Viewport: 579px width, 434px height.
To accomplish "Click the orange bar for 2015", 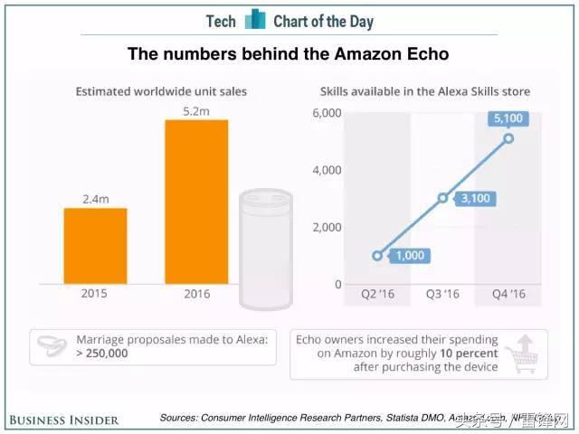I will (x=95, y=246).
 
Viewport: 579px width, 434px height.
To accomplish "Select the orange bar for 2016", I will (x=196, y=201).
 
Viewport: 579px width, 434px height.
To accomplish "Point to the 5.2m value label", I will (x=196, y=109).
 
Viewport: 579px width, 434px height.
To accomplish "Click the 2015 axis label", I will (x=95, y=295).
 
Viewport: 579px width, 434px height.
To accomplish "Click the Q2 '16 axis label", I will (x=378, y=295).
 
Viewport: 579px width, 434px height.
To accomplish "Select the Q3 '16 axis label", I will (x=443, y=295).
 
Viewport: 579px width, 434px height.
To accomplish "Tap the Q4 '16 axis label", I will (x=508, y=295).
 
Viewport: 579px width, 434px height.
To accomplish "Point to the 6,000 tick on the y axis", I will (x=327, y=113).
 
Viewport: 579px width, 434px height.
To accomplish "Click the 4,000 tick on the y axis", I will (x=327, y=170).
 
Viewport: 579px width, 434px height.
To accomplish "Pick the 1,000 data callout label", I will (x=411, y=256).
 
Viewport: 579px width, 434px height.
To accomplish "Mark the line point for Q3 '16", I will (x=443, y=197).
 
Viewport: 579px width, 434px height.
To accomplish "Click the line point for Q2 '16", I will (x=378, y=256).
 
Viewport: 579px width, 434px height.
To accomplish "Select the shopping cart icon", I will (x=522, y=354).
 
